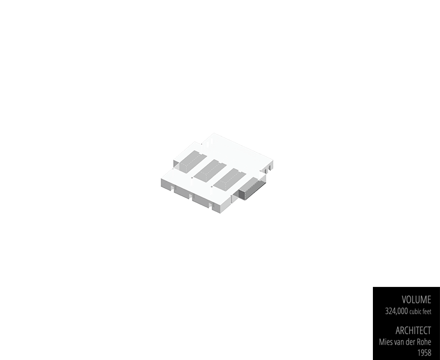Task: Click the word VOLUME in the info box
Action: (x=416, y=300)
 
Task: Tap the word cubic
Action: (x=420, y=312)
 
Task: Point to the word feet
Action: (x=427, y=312)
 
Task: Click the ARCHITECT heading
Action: (x=413, y=330)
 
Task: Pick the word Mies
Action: (x=387, y=342)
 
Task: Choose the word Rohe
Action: (x=423, y=342)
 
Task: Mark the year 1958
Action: (x=424, y=352)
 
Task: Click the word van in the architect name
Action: (x=400, y=342)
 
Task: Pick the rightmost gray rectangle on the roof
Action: (x=230, y=180)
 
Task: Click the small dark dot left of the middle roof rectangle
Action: (x=191, y=178)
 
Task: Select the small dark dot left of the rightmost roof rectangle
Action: (x=212, y=187)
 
